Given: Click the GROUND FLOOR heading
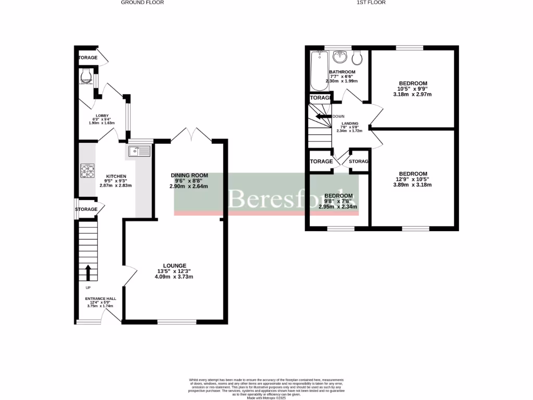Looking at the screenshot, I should (x=142, y=3).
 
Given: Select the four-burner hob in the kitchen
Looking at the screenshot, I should (x=87, y=171).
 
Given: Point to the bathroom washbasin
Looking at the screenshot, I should (x=340, y=57).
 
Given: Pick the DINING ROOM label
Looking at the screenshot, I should (x=189, y=176).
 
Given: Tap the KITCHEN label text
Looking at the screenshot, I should (x=116, y=176).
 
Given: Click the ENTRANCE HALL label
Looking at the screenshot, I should (x=101, y=299).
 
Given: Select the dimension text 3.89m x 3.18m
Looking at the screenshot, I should (x=413, y=185).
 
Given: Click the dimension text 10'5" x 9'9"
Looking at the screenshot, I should (x=413, y=89).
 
